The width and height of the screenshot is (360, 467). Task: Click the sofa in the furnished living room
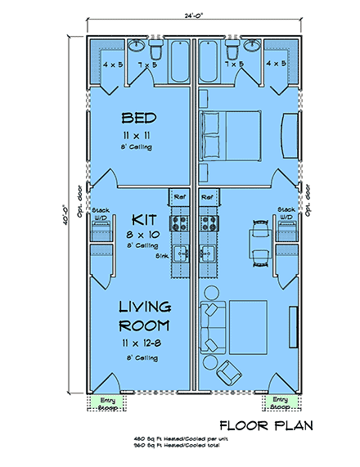pyautogui.click(x=212, y=325)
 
